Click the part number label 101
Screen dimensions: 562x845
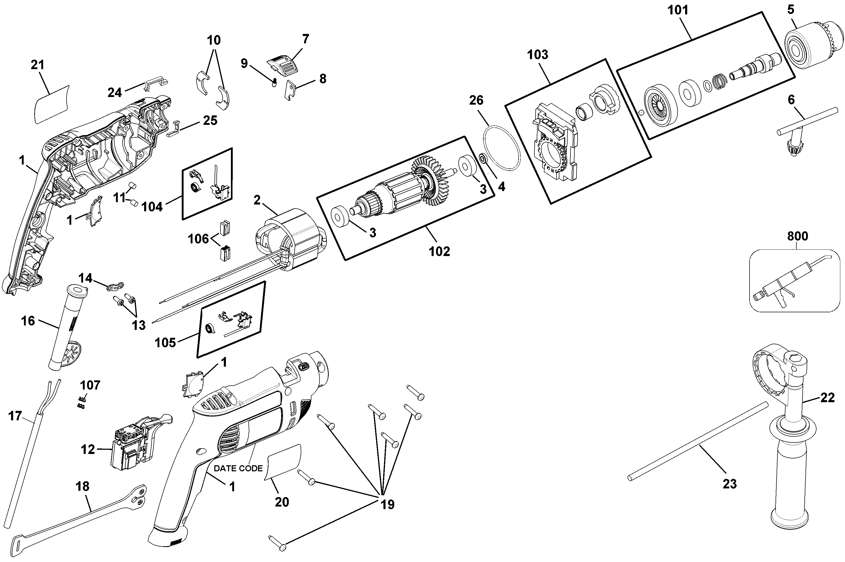click(677, 10)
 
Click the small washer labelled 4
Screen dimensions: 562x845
click(483, 158)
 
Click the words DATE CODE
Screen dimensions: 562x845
click(238, 468)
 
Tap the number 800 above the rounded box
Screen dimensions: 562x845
click(797, 236)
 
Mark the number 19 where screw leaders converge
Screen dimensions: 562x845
click(387, 504)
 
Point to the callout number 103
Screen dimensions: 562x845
click(537, 54)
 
